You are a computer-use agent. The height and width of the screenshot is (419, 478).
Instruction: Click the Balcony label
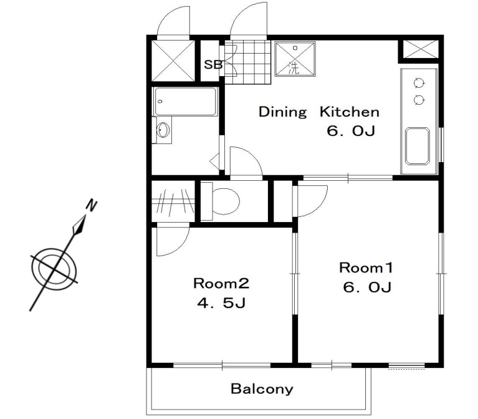coord(262,389)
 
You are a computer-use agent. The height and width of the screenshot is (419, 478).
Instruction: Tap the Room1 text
coord(366,267)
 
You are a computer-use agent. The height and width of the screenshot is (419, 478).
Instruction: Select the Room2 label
coord(221,283)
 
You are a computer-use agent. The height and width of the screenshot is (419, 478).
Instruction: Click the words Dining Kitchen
coord(319,112)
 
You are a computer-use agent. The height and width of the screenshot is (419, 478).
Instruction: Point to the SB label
coord(213,65)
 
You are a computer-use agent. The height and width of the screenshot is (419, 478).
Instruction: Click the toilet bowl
coord(225,201)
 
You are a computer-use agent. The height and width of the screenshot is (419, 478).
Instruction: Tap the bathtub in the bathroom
coord(185,102)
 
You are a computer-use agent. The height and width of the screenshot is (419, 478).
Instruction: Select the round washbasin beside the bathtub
coord(163,130)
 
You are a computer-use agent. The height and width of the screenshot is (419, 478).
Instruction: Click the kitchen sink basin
coord(418,146)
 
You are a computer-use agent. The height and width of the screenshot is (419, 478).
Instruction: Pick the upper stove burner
coord(419,83)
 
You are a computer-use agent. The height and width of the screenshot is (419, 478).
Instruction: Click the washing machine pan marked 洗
coord(295,59)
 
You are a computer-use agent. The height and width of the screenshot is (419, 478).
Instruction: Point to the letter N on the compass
coord(91,205)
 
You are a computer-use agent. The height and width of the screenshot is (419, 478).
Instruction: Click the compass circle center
coord(54,269)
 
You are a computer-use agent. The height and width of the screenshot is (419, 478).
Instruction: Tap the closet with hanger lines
coord(173,201)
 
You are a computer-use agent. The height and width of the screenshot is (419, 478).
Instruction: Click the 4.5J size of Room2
coord(221,303)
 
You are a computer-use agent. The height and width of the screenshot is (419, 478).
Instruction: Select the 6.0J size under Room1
coord(367,287)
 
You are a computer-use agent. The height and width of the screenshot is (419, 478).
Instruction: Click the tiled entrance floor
coord(248,62)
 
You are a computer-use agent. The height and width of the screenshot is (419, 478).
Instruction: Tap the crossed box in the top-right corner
coord(421,49)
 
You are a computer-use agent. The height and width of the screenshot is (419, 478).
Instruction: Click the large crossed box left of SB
coord(173,60)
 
